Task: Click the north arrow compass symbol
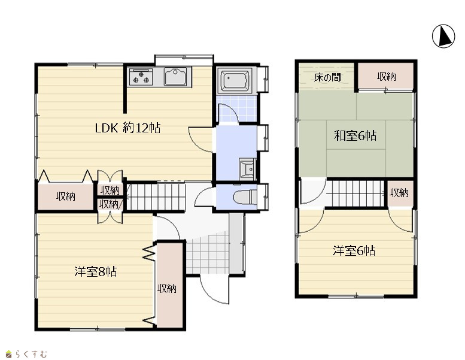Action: pos(443,36)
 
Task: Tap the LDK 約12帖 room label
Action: pos(127,128)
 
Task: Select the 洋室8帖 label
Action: pos(96,271)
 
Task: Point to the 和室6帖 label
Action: pos(355,135)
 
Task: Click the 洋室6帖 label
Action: pos(354,250)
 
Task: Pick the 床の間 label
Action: pos(327,77)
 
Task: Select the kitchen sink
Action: pos(175,77)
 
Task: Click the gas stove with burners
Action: pos(141,77)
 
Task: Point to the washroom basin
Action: pos(247,169)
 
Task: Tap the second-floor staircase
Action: pos(357,193)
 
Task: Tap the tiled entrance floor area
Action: pos(208,254)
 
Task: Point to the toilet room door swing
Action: pos(203,196)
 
